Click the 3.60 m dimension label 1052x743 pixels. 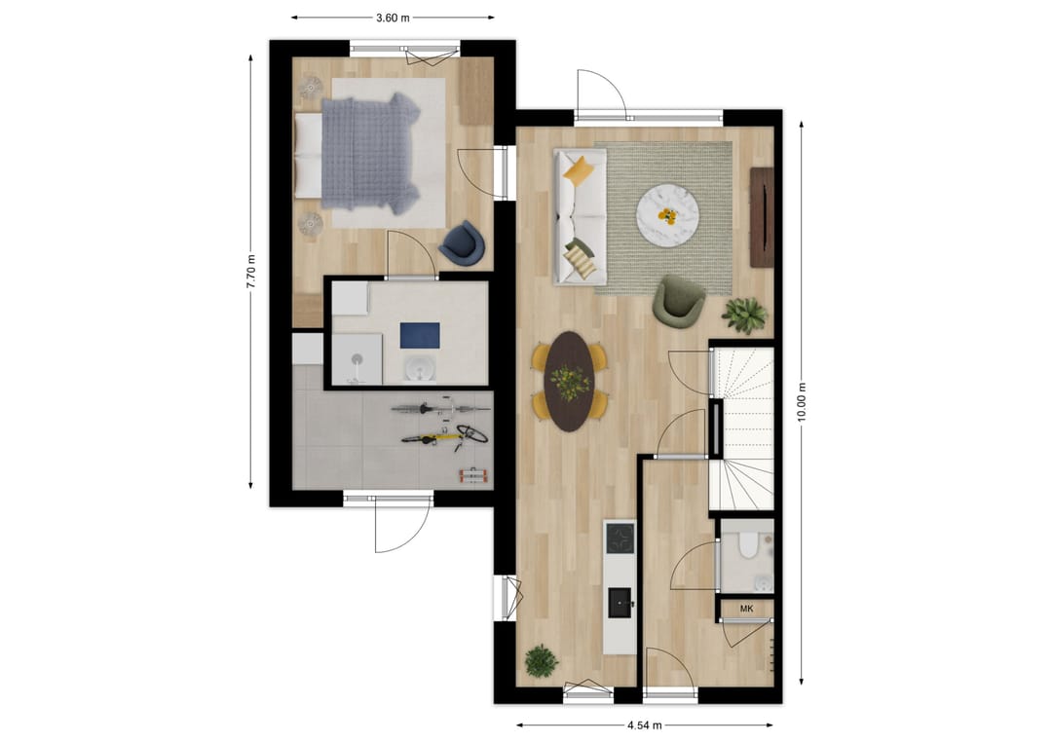coord(393,18)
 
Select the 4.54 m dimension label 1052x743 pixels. coord(645,725)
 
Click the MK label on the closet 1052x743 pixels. coord(747,610)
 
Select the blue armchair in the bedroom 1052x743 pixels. coord(462,243)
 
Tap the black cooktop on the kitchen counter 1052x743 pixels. coord(620,538)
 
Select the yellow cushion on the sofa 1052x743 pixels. coord(579,171)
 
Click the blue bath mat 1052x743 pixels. coord(421,335)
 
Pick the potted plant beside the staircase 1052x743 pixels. coord(746,314)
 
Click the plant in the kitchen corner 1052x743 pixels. coord(541,661)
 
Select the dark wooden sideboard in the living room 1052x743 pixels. coord(762,217)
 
